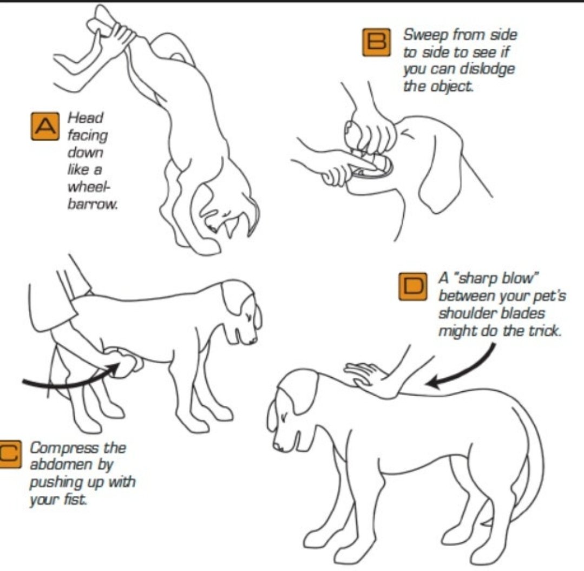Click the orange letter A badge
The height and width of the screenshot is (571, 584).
45,126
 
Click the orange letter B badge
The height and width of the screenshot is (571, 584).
377,42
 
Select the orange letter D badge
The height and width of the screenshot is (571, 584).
412,286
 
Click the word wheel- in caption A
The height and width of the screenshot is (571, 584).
89,186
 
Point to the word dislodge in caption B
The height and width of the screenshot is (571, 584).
487,69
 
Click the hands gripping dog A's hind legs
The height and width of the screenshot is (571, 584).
111,30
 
